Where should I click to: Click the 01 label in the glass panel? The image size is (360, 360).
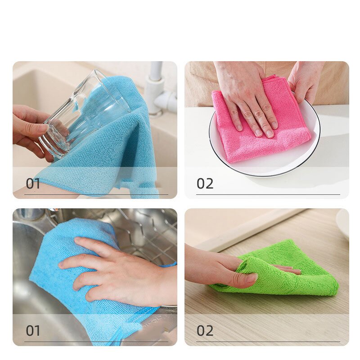pyautogui.click(x=33, y=184)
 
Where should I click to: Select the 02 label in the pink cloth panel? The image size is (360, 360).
pyautogui.click(x=205, y=184)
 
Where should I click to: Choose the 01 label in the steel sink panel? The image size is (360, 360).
pyautogui.click(x=33, y=331)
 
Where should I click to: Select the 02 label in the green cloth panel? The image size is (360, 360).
pyautogui.click(x=205, y=331)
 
